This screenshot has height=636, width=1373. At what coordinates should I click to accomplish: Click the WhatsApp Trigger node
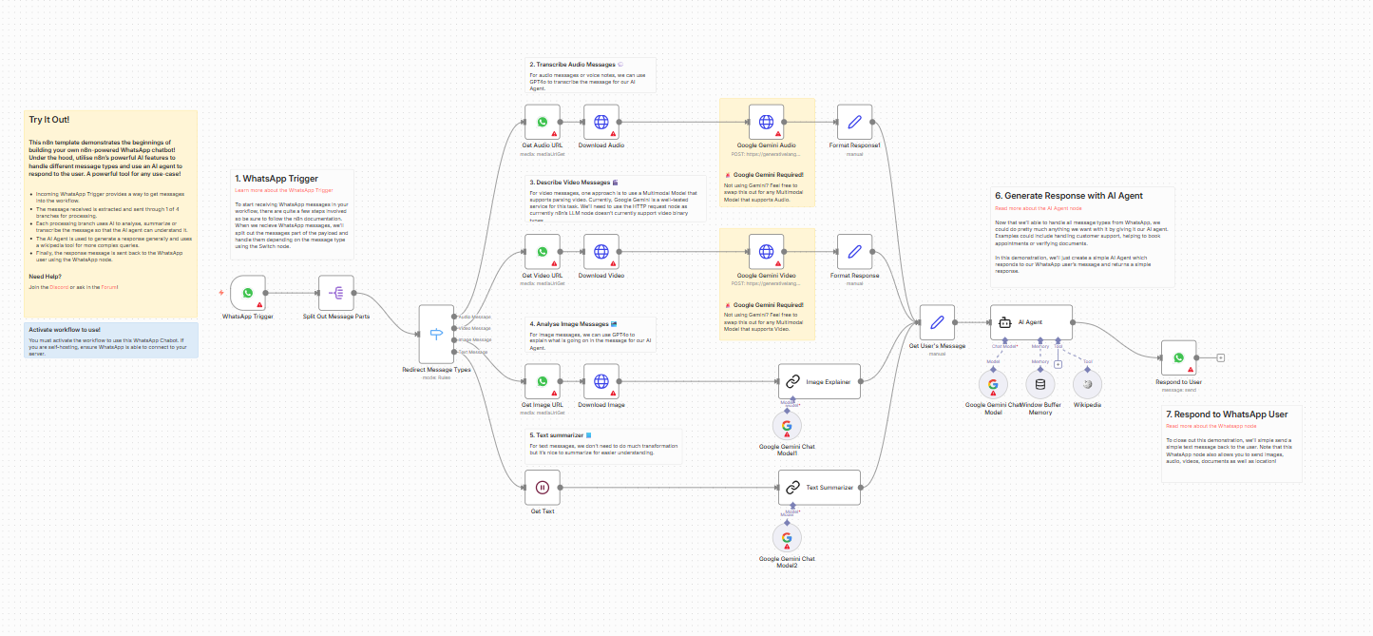pos(247,294)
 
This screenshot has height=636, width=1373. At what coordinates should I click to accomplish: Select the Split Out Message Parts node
pos(335,294)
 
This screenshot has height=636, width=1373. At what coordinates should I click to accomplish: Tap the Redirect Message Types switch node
pos(437,334)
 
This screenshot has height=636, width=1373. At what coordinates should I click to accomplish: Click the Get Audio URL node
pos(543,122)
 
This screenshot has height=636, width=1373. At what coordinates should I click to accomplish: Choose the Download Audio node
pos(601,122)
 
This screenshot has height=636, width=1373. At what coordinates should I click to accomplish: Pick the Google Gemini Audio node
pos(767,122)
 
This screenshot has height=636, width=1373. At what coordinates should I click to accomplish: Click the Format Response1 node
pos(855,122)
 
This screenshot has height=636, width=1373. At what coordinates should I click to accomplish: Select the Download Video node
pos(601,252)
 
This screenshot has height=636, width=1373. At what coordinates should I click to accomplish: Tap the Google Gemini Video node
pos(767,252)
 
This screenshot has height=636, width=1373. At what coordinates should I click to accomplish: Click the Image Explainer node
pos(819,381)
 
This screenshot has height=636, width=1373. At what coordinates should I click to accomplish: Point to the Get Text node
pos(543,488)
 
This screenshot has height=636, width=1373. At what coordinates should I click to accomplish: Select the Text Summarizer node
pos(819,488)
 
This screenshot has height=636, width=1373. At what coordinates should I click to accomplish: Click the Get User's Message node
pos(937,322)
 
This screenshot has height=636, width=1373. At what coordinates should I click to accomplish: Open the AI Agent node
pos(1031,322)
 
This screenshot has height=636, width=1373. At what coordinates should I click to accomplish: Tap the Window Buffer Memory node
pos(1039,384)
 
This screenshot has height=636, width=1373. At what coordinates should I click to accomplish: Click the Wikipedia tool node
pos(1087,384)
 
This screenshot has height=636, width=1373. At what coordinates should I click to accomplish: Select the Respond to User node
pos(1178,358)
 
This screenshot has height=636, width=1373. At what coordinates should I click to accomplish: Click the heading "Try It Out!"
pos(49,121)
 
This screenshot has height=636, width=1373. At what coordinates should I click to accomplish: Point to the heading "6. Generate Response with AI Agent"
pos(1068,196)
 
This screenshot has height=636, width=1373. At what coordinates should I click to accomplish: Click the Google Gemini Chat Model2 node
pos(787,538)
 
